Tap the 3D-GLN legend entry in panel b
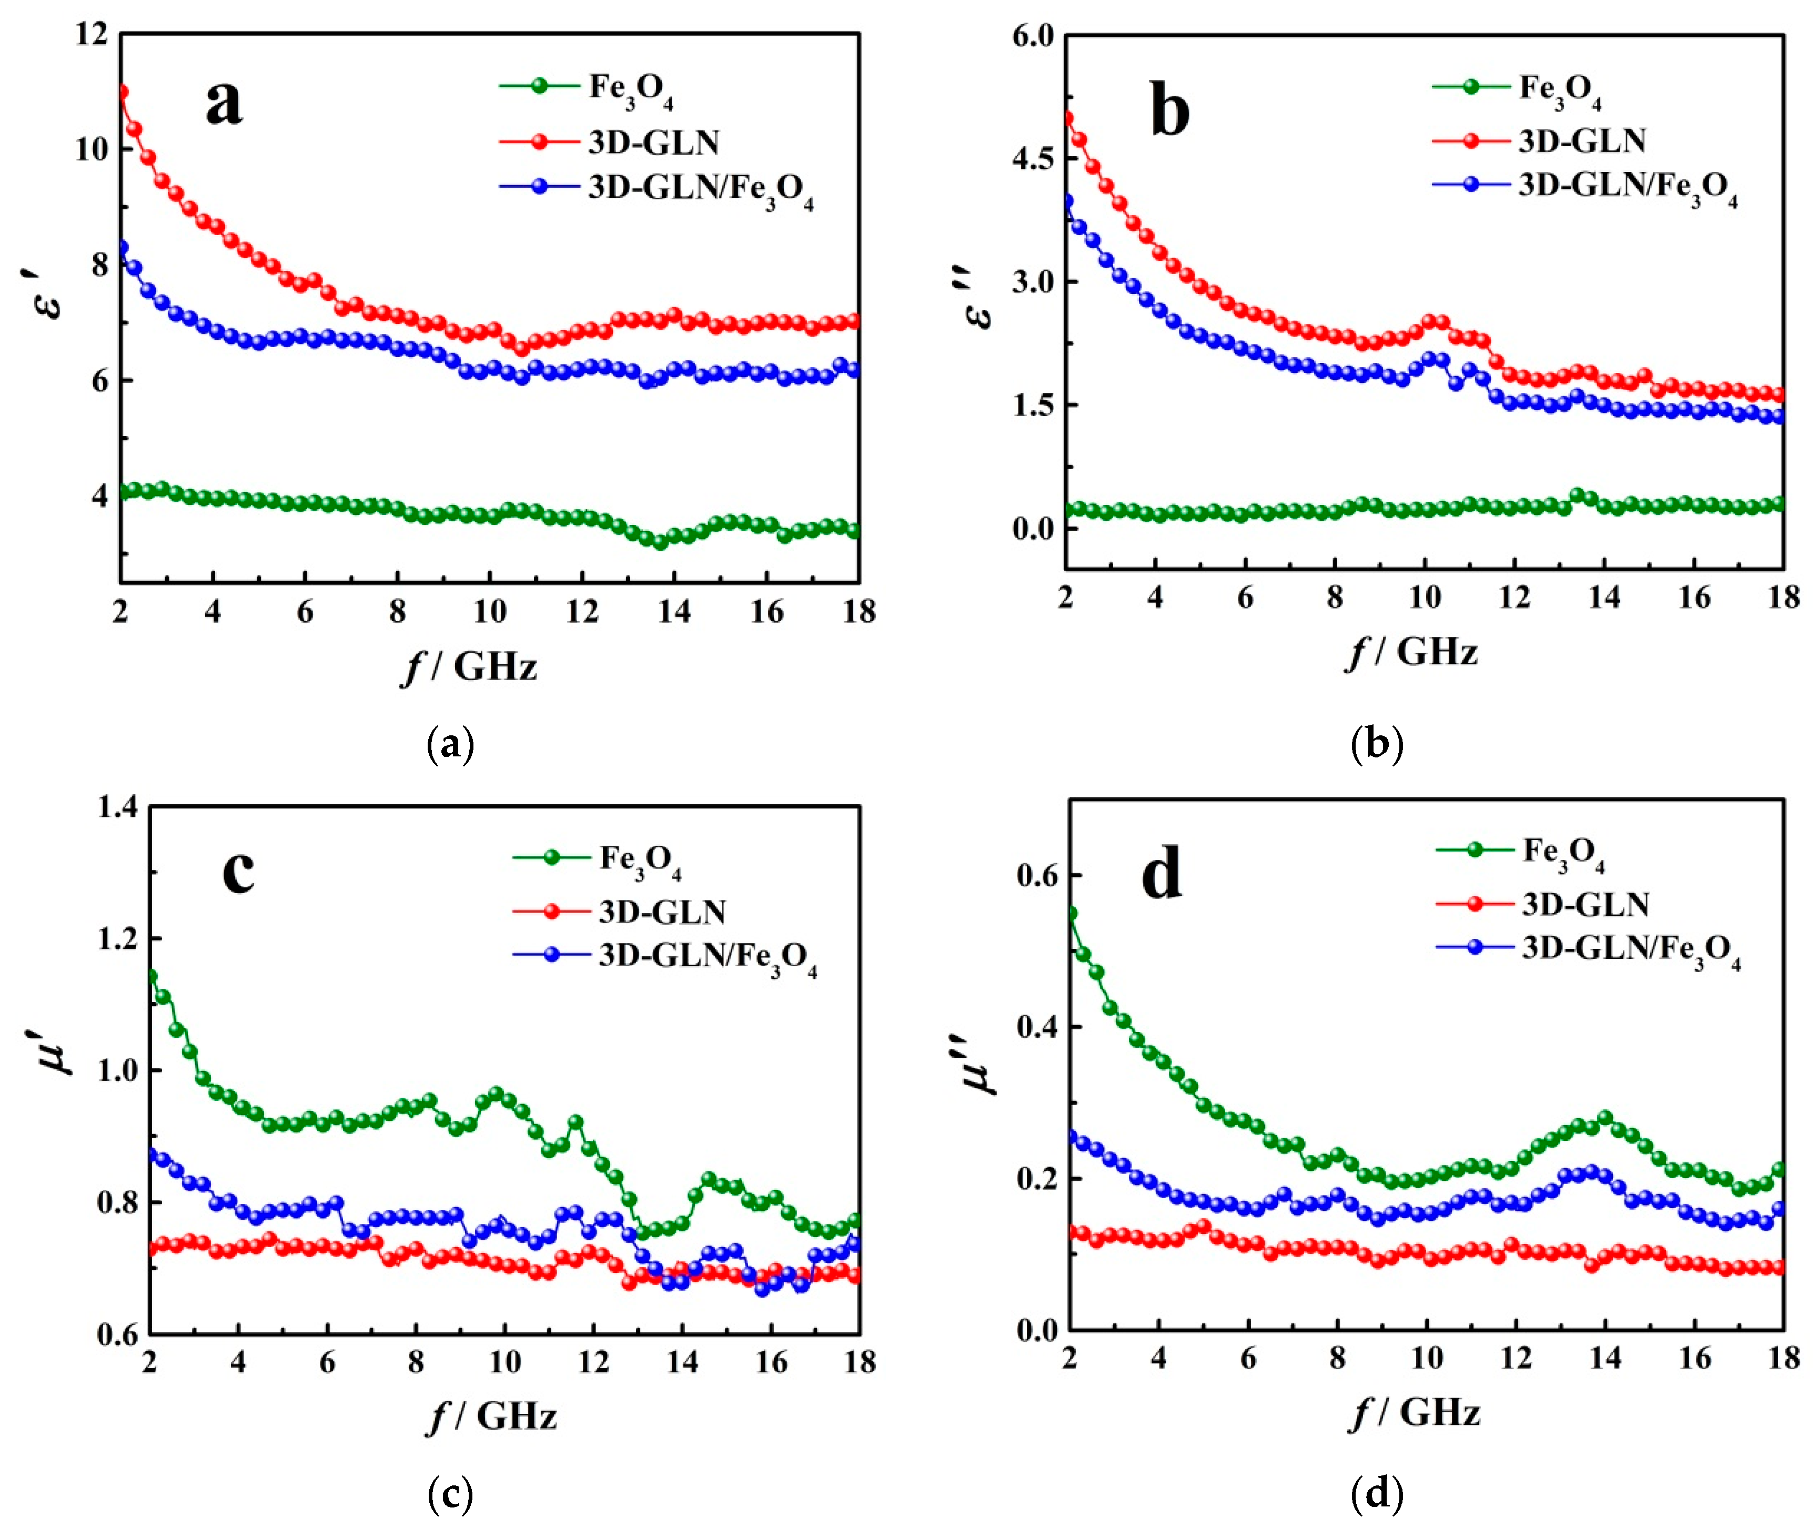[x=1581, y=140]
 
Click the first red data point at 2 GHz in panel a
[x=122, y=92]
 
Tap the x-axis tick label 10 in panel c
[x=504, y=1362]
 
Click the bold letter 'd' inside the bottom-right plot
[x=1161, y=875]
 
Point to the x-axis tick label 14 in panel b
[x=1604, y=597]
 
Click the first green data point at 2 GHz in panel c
[x=151, y=976]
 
